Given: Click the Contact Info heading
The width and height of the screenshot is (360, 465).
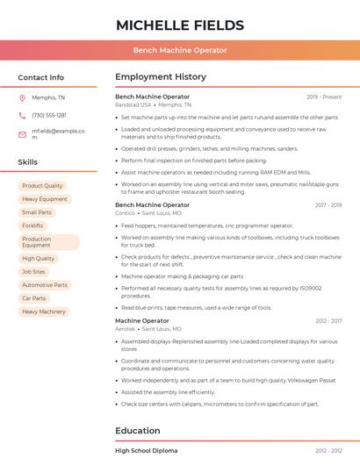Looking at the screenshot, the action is (40, 77).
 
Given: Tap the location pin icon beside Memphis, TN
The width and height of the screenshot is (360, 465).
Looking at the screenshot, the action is (22, 97).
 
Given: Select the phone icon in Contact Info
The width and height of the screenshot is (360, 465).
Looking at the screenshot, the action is (22, 115).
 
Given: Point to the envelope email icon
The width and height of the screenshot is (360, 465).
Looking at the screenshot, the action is (22, 133).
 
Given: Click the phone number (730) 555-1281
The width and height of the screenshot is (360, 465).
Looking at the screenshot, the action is (48, 115).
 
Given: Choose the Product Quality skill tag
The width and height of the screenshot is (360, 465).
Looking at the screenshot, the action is (42, 186).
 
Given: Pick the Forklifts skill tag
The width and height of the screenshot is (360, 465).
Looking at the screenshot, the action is (32, 225).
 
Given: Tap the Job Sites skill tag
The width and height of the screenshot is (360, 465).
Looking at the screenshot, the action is (33, 272).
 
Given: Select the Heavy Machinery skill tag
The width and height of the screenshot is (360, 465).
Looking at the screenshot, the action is (44, 311).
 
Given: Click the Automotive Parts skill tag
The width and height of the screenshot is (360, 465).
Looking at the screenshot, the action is (45, 285).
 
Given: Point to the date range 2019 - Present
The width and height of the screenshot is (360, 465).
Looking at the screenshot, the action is (324, 97).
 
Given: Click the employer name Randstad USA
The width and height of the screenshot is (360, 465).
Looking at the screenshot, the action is (133, 104).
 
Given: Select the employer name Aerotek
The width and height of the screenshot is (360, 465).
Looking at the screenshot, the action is (126, 329).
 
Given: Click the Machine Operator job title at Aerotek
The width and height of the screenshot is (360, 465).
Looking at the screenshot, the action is (141, 321).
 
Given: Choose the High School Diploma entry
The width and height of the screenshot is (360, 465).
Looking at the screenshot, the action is (147, 450).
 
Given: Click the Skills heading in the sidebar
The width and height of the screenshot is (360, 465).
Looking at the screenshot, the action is (28, 162).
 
